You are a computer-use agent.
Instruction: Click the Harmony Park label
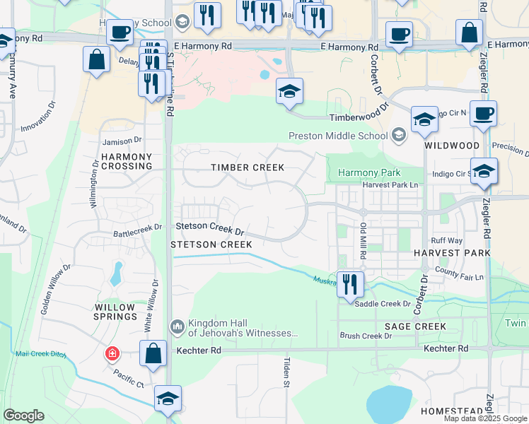point(369,172)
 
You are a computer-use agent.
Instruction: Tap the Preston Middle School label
point(339,136)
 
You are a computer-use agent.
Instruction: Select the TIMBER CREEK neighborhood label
point(248,167)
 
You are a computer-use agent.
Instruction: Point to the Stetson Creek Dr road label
point(210,228)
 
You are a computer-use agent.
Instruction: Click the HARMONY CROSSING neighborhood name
point(127,161)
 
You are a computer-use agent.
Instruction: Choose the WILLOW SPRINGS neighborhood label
point(116,312)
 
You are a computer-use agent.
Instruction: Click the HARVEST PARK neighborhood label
point(452,252)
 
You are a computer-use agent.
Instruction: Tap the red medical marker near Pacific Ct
point(112,353)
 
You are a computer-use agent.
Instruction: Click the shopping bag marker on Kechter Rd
point(153,353)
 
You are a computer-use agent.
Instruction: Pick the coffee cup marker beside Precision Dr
point(484,114)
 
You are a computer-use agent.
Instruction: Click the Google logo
point(24,416)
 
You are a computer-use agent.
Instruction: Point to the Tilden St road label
point(288,372)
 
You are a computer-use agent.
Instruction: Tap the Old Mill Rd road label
point(363,240)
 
